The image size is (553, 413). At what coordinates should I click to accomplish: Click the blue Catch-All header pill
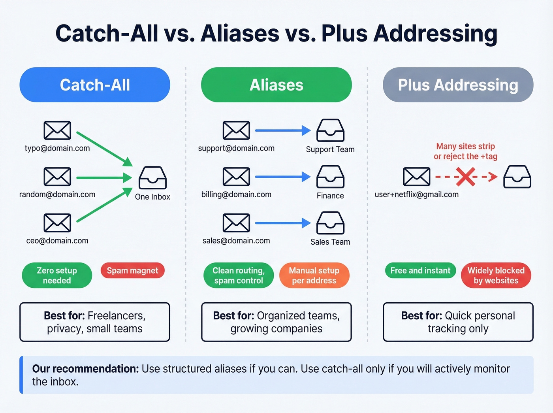[x=95, y=85]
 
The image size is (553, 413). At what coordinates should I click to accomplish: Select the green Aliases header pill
[x=276, y=85]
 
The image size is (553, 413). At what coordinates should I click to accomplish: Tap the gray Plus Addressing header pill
[x=458, y=85]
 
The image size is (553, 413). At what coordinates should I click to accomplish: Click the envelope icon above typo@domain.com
[x=57, y=131]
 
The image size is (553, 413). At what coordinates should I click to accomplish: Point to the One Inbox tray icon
[x=152, y=178]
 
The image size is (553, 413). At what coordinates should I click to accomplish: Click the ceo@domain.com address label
[x=57, y=241]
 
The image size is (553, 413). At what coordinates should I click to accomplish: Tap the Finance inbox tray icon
[x=330, y=177]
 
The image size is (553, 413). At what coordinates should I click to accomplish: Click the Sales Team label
[x=330, y=242]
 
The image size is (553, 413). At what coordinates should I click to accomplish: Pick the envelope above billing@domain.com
[x=236, y=177]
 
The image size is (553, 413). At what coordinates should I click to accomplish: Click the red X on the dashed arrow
[x=465, y=177]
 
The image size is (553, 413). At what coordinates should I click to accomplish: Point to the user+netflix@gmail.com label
[x=417, y=194]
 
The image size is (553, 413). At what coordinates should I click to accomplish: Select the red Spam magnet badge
[x=132, y=271]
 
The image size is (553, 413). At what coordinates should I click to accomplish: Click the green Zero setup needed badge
[x=57, y=275]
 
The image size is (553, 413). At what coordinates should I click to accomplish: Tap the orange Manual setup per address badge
[x=314, y=275]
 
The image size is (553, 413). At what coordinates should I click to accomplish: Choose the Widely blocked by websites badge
[x=496, y=275]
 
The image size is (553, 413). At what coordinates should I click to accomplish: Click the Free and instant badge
[x=420, y=271]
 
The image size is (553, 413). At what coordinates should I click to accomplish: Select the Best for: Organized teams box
[x=276, y=322]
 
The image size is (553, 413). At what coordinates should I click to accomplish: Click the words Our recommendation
[x=85, y=369]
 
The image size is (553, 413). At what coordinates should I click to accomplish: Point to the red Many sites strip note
[x=465, y=151]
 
